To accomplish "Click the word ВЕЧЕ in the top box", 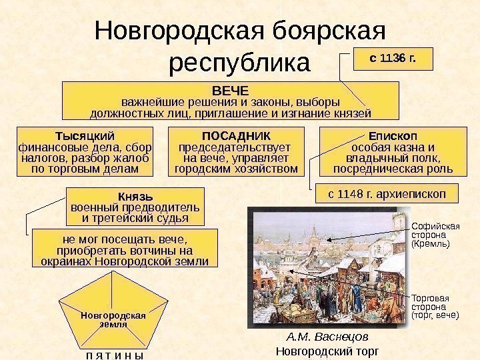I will (x=229, y=89).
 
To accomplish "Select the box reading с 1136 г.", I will (x=393, y=58).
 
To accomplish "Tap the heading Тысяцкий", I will (x=84, y=135).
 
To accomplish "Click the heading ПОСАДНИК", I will (x=235, y=135).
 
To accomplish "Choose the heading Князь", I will (x=135, y=197).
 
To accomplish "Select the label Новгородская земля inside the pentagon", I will (x=113, y=319).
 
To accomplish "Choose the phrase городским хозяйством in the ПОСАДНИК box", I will (x=236, y=169).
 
